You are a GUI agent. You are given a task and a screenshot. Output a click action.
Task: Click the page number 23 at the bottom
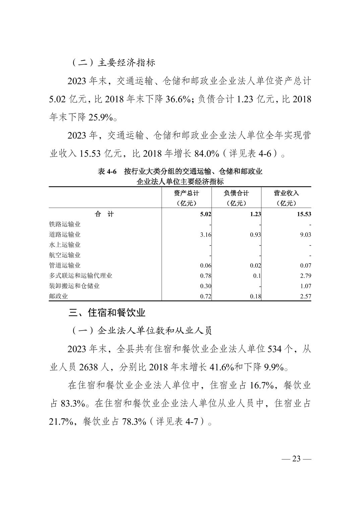pos(296,458)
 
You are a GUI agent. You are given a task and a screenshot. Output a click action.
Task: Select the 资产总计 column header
pos(186,193)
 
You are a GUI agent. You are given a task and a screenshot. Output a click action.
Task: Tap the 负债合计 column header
pos(236,193)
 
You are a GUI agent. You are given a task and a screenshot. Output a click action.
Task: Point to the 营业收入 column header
pos(286,193)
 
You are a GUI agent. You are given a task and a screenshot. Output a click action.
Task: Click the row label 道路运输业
pos(65,235)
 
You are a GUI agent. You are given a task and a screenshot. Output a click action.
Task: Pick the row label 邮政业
pos(58,296)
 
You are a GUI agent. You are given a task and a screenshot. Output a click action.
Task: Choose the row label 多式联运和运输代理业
pos(80,276)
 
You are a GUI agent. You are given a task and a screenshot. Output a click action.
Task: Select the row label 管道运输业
pos(65,266)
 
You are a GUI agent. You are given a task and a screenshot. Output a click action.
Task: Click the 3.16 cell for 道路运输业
pos(205,235)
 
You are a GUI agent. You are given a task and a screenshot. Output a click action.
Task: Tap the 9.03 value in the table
pos(306,235)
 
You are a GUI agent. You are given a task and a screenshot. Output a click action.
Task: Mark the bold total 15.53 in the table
pos(304,214)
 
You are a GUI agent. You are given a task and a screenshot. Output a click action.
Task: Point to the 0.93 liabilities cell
pos(255,235)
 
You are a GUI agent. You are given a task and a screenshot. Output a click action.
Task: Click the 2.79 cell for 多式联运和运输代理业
pos(306,276)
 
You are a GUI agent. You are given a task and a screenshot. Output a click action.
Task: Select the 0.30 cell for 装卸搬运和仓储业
pos(205,286)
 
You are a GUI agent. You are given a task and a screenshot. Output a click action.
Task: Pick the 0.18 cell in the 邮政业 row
pos(255,296)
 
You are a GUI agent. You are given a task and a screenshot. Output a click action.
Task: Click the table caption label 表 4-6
pos(107,172)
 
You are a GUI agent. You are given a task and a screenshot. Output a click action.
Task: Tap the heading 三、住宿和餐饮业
pos(107,313)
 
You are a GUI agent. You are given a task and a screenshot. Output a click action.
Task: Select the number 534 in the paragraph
pos(276,349)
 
